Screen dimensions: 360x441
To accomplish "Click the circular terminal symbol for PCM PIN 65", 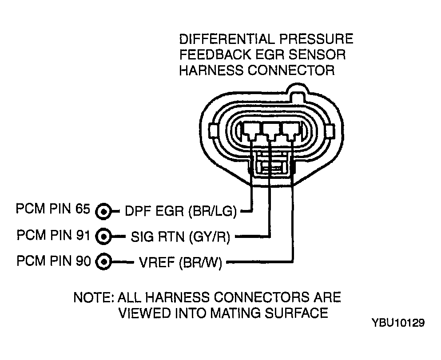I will [x=103, y=211].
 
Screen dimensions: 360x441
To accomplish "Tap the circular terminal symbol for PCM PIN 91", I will [x=103, y=237].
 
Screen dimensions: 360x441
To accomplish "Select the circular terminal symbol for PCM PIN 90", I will [x=103, y=261].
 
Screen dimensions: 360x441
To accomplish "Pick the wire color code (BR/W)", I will [x=200, y=262].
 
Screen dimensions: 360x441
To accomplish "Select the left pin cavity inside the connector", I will [x=251, y=131].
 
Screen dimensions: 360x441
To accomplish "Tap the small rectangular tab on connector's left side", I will [x=213, y=132].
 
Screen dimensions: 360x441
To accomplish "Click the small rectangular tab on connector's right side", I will [x=330, y=132].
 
